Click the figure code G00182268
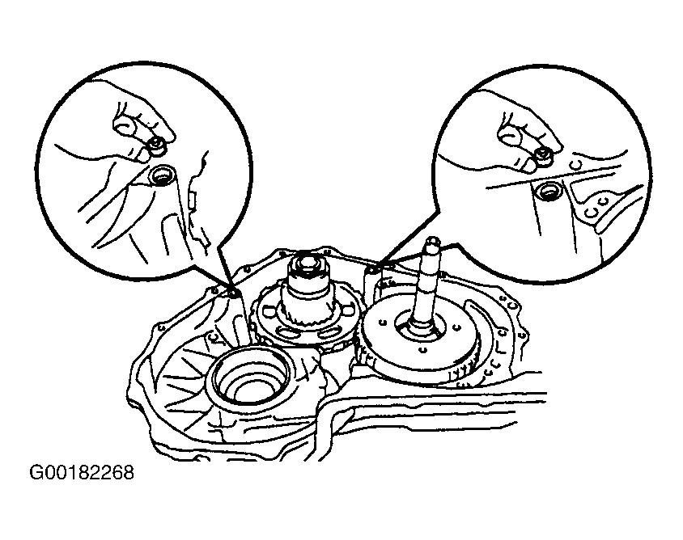[x=82, y=472]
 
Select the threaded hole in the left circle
[x=162, y=175]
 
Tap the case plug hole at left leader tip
[x=232, y=293]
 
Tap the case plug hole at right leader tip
[x=371, y=272]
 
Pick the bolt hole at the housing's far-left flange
[x=162, y=327]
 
